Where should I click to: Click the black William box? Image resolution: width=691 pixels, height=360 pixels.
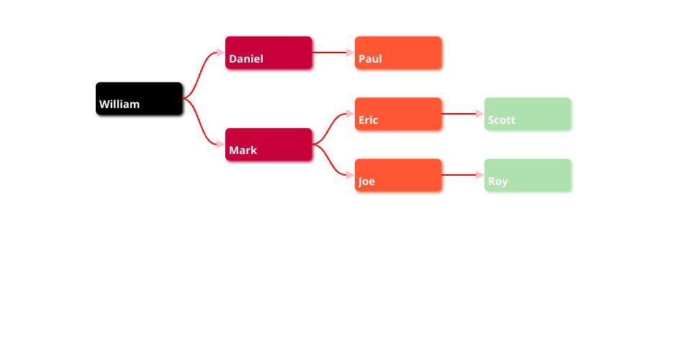point(139,99)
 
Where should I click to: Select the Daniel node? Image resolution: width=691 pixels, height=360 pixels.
point(268,53)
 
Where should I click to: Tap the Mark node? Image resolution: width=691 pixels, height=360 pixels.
point(268,145)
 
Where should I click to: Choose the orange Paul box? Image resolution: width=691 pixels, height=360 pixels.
point(398,53)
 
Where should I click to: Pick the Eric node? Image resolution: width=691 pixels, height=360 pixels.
point(398,114)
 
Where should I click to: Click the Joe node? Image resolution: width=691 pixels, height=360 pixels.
point(398,175)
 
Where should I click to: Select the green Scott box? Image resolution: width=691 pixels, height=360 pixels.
point(528,114)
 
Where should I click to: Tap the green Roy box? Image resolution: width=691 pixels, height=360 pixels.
point(528,175)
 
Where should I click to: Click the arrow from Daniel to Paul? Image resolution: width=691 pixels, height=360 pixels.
point(331,53)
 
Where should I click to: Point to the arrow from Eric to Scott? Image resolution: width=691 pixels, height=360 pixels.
point(461,114)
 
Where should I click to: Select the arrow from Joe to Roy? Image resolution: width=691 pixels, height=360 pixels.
point(461,175)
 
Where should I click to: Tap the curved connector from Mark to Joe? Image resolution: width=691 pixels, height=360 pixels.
point(332,161)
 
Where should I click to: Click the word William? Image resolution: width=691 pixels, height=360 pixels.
point(119,104)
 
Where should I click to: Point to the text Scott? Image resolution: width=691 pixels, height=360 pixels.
point(501,120)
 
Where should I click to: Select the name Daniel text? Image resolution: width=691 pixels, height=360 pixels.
point(246,59)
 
